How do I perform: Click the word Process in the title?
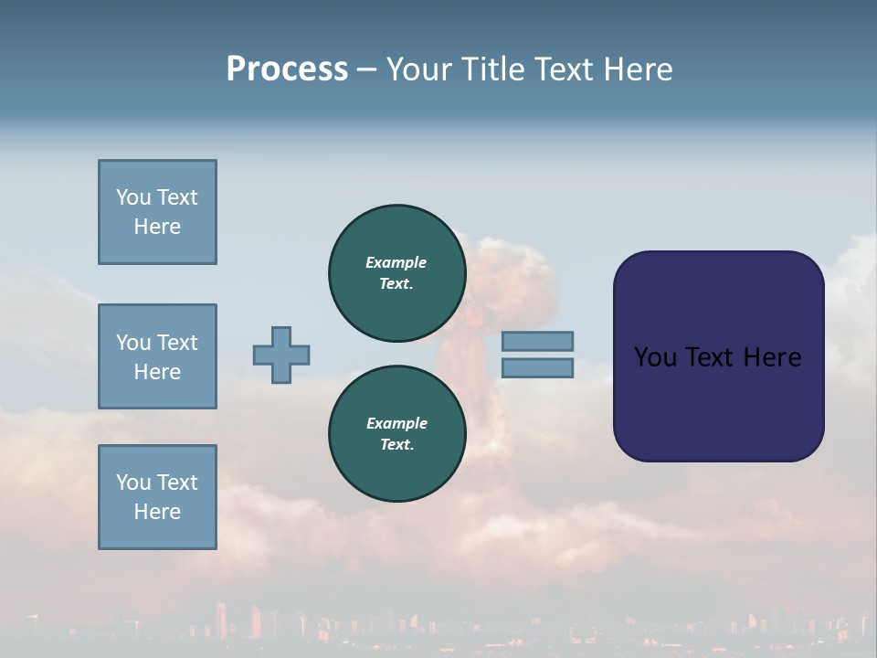[x=287, y=69]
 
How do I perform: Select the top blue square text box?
[x=157, y=212]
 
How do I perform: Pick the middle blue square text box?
[x=157, y=356]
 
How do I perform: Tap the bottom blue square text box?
[x=157, y=497]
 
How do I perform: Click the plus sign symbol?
[x=281, y=355]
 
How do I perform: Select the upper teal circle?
[x=396, y=272]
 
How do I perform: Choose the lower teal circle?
[x=396, y=433]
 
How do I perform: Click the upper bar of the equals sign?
[x=537, y=341]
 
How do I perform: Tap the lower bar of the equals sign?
[x=537, y=367]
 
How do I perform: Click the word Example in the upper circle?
[x=396, y=262]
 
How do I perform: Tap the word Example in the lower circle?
[x=396, y=423]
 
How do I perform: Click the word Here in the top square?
[x=157, y=227]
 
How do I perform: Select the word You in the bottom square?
[x=133, y=483]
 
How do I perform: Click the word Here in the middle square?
[x=157, y=372]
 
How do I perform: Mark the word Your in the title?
[x=421, y=69]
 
